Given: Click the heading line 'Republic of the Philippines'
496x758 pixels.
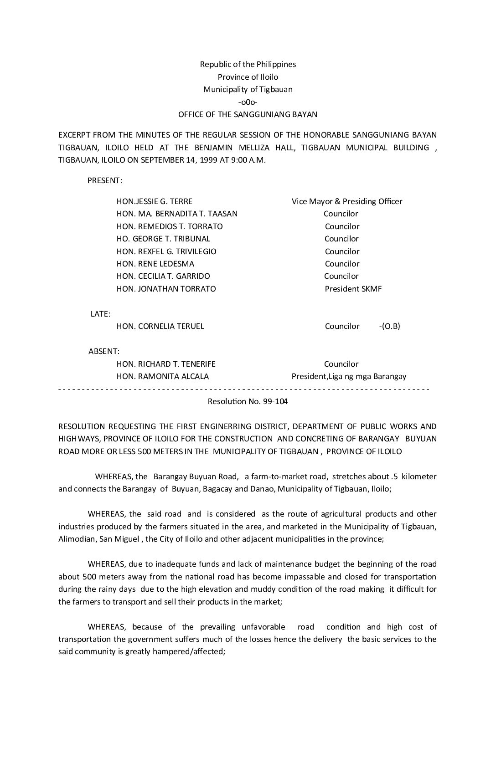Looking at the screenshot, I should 248,64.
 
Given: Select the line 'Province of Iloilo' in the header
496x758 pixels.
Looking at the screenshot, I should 248,77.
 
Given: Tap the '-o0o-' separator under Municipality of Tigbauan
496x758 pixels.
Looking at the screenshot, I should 248,102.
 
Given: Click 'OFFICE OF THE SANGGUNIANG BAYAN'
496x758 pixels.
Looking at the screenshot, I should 248,114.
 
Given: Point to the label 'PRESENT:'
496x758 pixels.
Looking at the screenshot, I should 104,180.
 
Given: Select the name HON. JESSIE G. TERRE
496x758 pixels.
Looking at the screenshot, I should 154,201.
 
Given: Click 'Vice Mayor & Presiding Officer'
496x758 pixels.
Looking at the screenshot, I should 347,201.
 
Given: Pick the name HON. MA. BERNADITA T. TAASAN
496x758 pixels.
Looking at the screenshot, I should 177,214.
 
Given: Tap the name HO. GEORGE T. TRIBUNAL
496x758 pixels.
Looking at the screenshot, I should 163,239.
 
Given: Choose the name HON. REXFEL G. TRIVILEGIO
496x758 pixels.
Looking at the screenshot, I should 166,251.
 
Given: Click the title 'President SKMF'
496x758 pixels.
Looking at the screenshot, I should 353,289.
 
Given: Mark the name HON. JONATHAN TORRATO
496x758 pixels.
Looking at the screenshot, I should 166,289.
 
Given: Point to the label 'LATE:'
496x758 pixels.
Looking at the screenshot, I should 101,314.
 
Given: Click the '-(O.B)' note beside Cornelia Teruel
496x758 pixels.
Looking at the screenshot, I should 389,326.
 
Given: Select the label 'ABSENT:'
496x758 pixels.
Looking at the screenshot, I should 104,351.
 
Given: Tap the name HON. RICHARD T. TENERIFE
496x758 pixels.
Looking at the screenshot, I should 166,364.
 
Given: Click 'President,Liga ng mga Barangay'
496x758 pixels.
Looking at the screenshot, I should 349,376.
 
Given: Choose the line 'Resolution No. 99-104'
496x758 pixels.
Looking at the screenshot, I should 248,401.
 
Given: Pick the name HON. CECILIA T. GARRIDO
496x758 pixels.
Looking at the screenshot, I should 163,276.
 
